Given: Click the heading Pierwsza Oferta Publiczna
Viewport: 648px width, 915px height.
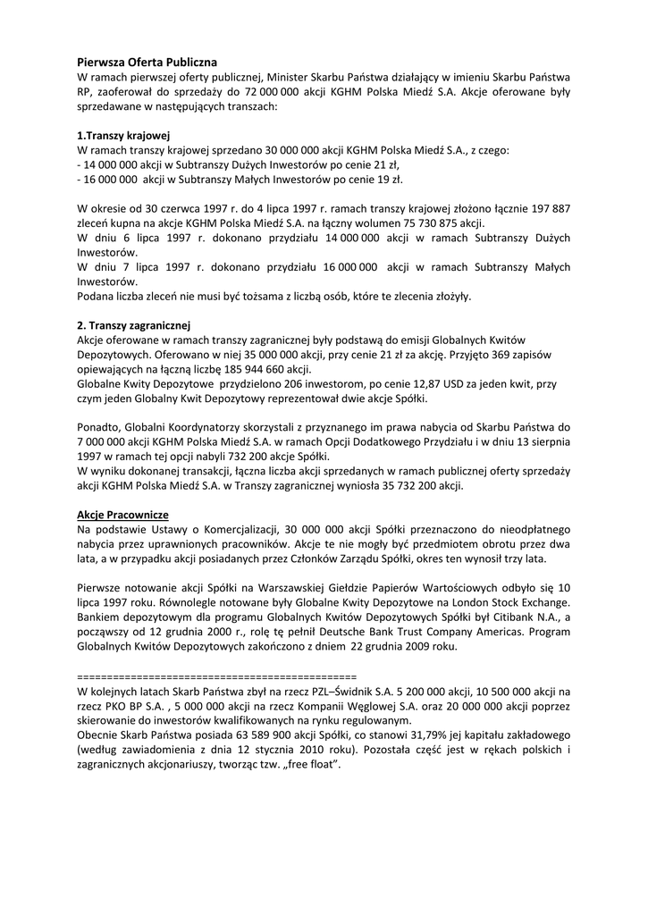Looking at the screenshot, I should (x=147, y=63).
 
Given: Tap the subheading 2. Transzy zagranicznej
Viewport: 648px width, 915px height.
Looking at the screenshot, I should (x=134, y=324).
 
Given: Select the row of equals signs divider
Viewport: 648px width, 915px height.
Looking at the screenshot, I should (x=217, y=676).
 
